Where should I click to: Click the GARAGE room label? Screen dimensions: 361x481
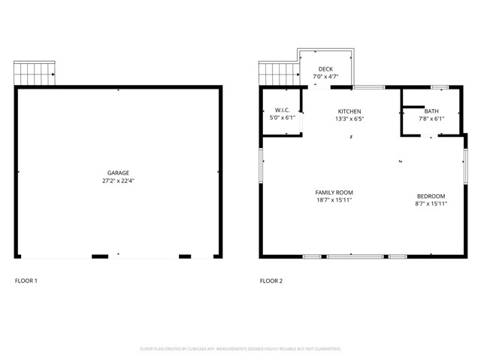tap(118, 173)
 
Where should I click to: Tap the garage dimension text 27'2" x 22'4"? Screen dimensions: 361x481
tap(118, 181)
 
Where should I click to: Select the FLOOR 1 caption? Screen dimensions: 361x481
tap(26, 281)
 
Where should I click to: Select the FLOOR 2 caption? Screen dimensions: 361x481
tap(271, 281)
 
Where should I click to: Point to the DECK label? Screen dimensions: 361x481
tap(325, 69)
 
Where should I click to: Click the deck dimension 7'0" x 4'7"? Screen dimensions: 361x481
tap(325, 77)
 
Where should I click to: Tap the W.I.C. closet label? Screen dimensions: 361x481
tap(283, 111)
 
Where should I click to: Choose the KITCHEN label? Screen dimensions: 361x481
tap(349, 111)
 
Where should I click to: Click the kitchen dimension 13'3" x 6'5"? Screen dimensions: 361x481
tap(349, 119)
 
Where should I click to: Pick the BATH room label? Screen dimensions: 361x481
tap(431, 111)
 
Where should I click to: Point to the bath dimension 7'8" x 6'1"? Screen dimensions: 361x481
tap(431, 119)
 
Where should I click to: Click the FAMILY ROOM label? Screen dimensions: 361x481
tap(334, 193)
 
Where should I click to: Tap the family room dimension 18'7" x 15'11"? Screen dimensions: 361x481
tap(334, 201)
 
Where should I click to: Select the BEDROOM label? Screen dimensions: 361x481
tap(431, 196)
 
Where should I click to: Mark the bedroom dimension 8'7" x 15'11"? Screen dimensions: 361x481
tap(431, 203)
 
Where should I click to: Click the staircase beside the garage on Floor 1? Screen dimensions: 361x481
tap(35, 73)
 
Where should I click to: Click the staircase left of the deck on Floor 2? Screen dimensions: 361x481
tap(279, 73)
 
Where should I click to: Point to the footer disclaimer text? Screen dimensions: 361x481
tap(240, 349)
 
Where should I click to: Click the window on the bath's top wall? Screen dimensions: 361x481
tap(440, 87)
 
